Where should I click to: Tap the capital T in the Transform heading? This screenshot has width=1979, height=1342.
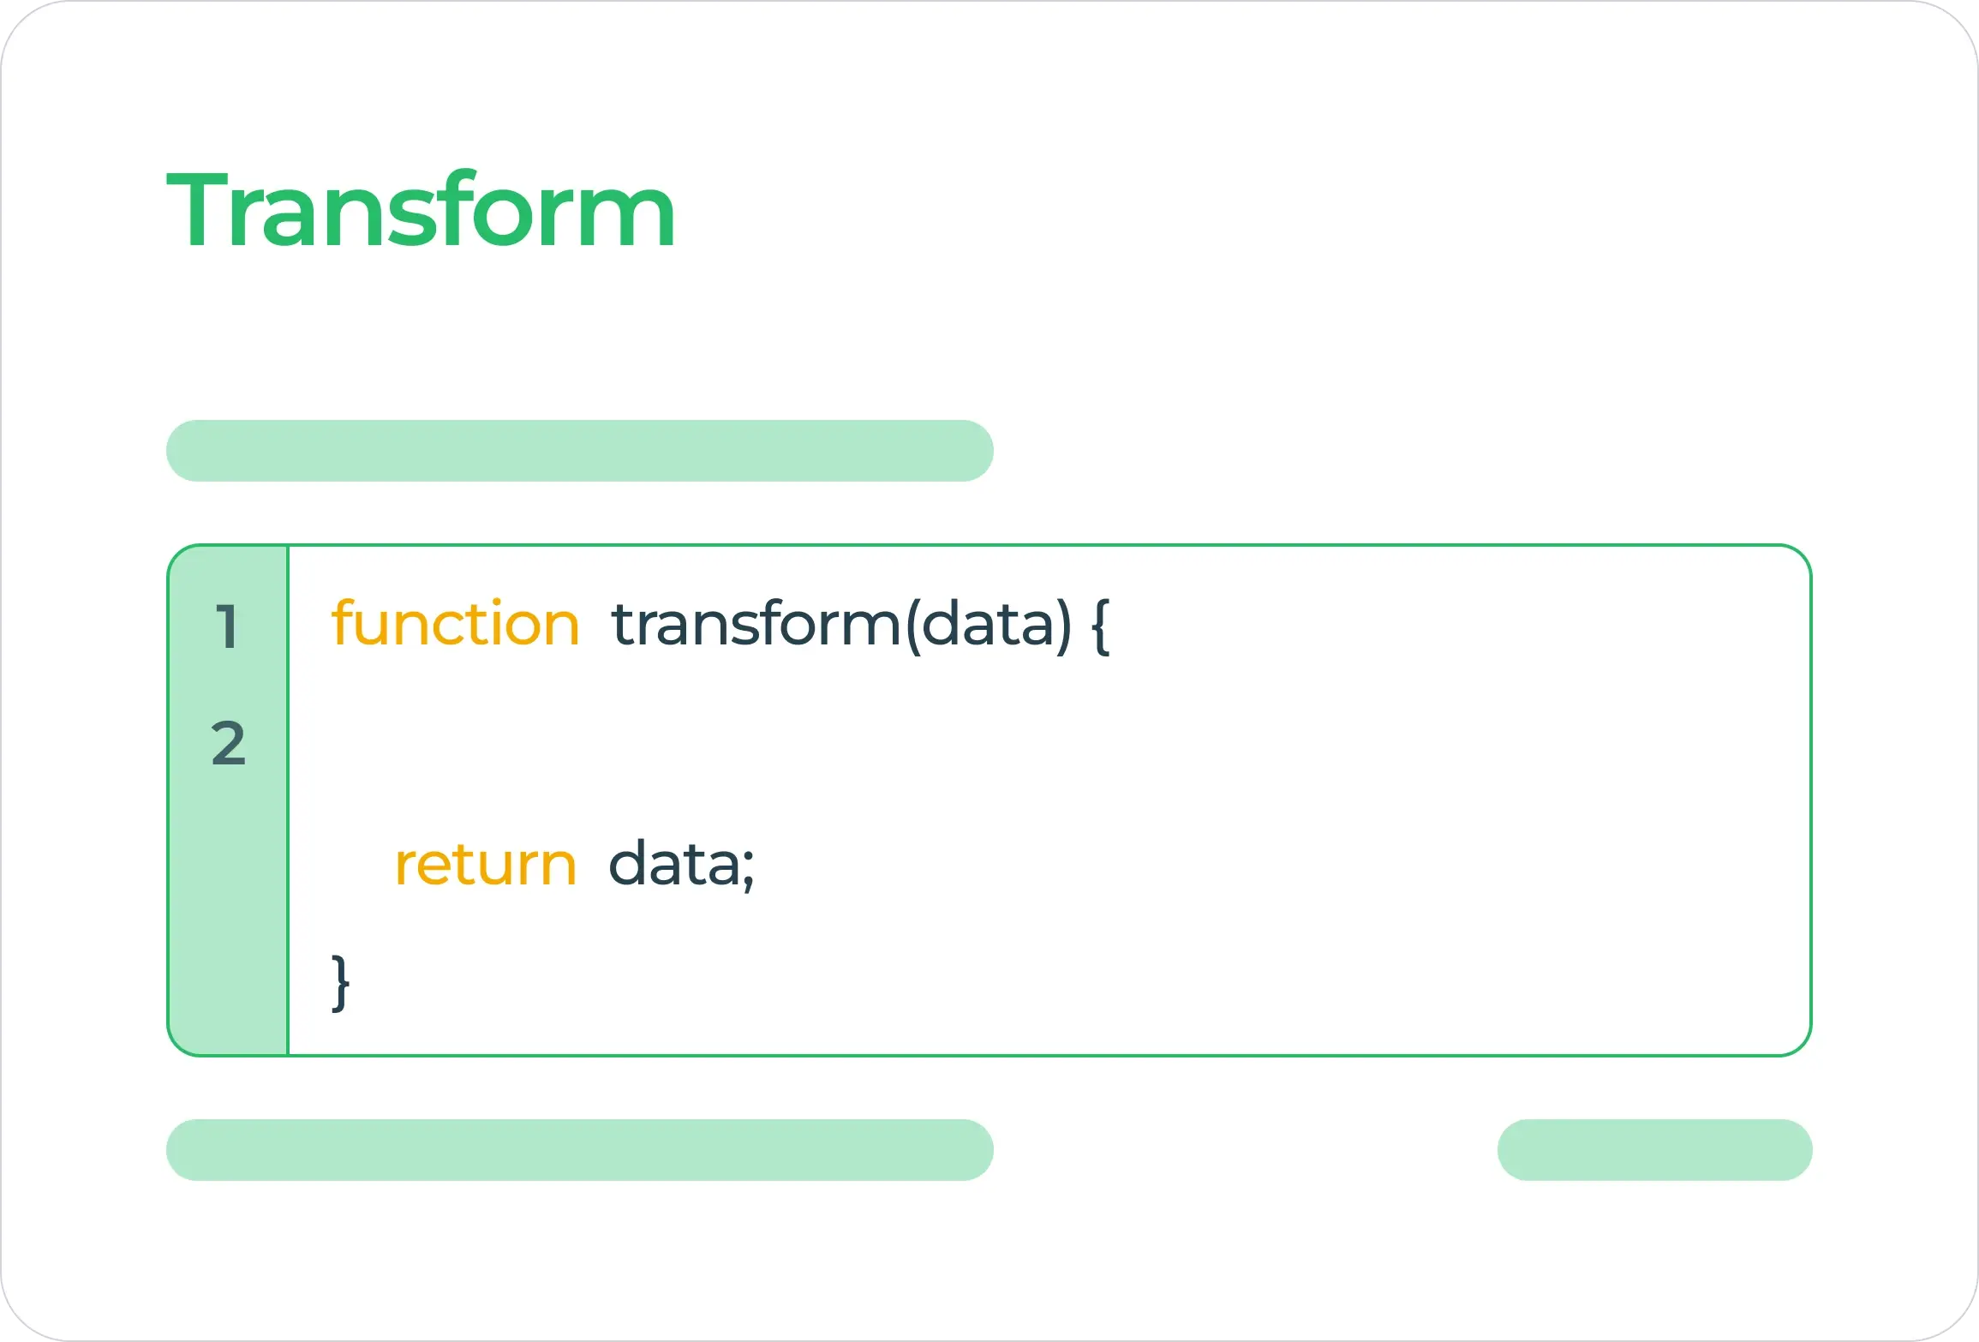click(x=199, y=210)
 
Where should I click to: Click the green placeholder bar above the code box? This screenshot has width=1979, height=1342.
click(x=580, y=451)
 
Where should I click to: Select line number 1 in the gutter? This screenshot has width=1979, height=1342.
click(x=226, y=626)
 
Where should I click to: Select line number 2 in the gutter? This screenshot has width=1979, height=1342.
click(x=229, y=742)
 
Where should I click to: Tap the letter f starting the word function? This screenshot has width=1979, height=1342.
click(x=344, y=622)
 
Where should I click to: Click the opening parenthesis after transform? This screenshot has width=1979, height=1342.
click(x=913, y=626)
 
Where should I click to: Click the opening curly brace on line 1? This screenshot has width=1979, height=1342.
click(x=1101, y=626)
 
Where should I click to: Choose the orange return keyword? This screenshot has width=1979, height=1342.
click(x=486, y=865)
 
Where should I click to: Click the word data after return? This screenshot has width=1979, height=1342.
click(x=674, y=862)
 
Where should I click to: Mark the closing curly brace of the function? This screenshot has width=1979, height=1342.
click(x=341, y=982)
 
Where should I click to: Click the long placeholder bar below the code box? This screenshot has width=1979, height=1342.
click(x=580, y=1150)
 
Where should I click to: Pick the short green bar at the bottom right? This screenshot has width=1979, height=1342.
click(x=1655, y=1150)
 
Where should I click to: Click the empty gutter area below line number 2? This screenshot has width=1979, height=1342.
click(x=229, y=908)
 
